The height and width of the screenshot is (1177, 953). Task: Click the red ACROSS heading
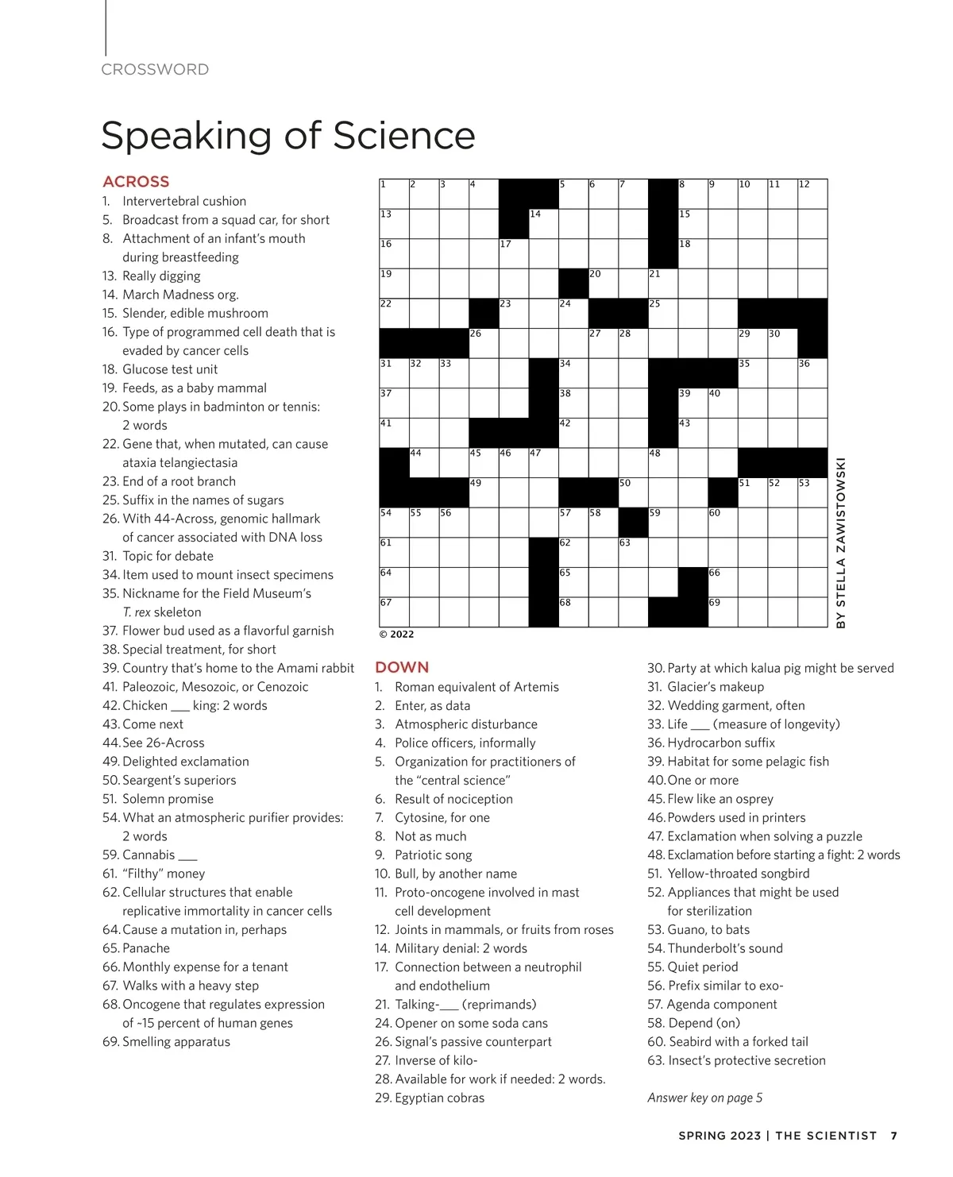(136, 181)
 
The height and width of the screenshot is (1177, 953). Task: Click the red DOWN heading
(402, 667)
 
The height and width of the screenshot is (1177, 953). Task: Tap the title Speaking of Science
(288, 135)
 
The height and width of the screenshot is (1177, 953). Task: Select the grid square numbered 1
(395, 195)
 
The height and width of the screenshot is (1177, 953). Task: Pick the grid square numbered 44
(424, 463)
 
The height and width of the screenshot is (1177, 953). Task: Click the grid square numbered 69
(723, 612)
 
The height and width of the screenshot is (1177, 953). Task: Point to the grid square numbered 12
(812, 195)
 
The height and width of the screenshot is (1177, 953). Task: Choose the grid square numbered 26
(484, 344)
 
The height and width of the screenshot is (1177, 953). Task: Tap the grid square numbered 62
(573, 553)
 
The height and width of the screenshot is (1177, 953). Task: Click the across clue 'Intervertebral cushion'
(184, 201)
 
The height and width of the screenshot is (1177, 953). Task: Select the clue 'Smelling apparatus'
(176, 1041)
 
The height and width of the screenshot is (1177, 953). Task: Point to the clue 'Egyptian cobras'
(439, 1098)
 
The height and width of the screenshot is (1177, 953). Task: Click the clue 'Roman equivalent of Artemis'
(476, 686)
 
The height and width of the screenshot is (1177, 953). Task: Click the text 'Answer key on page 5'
(704, 1098)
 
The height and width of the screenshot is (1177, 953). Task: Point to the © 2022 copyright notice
(396, 634)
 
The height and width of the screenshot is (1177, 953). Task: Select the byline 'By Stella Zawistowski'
(841, 542)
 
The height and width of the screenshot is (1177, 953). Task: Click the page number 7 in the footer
(894, 1136)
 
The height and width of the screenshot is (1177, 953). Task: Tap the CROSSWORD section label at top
(155, 69)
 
